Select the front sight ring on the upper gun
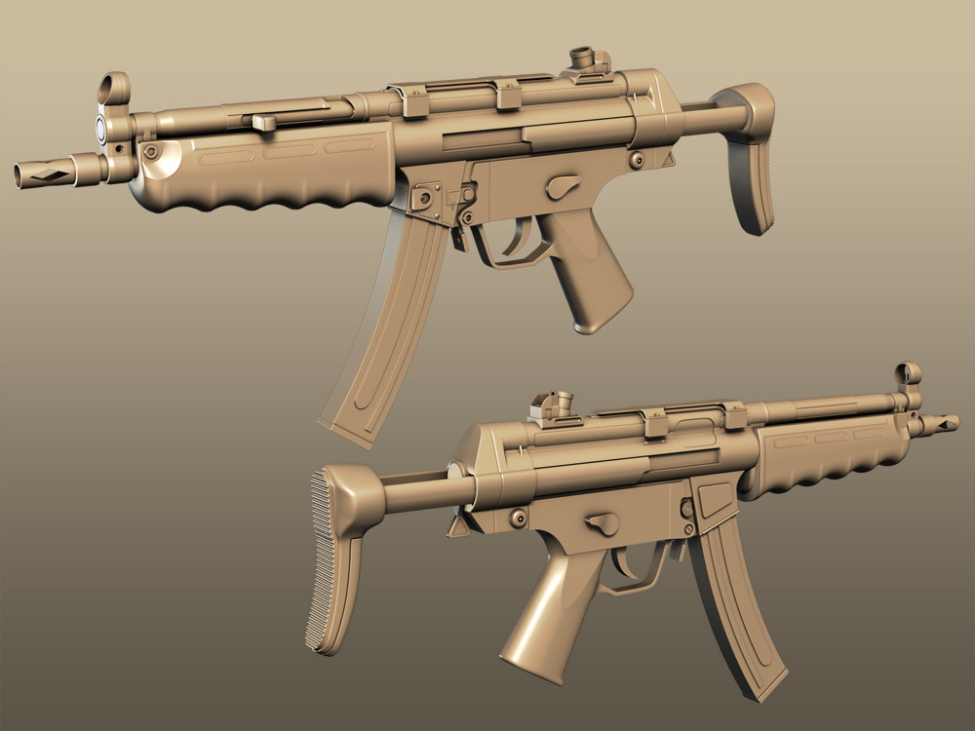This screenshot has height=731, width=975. [x=113, y=89]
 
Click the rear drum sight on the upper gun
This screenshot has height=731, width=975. [x=584, y=58]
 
